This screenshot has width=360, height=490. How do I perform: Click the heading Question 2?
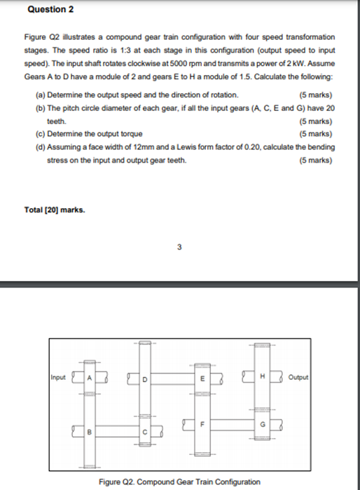coord(50,11)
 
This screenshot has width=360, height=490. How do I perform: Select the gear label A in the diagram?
coord(89,378)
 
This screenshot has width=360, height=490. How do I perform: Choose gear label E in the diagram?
coord(202,379)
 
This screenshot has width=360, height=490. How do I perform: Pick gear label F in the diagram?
coord(202,424)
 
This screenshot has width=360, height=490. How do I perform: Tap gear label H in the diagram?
coord(262,378)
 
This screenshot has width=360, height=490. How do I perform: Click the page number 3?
coord(179,247)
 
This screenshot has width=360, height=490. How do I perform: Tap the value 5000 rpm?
coord(200,66)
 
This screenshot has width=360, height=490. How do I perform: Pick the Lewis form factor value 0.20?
coord(261,147)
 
